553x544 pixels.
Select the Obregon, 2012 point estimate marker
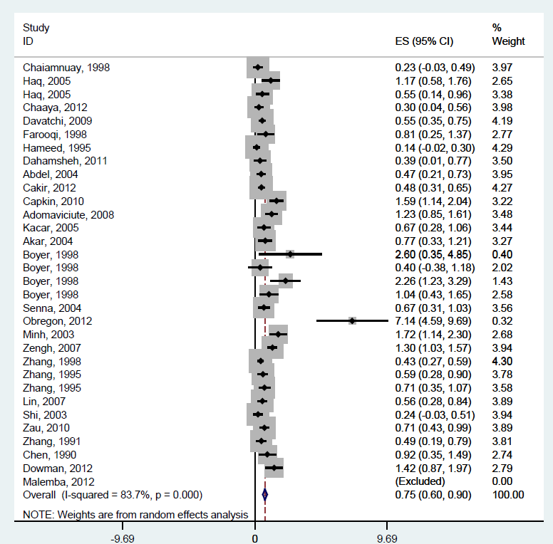tap(352, 321)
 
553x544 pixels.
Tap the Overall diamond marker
tap(264, 494)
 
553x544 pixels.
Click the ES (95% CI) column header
tap(423, 41)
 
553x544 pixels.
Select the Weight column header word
tap(508, 41)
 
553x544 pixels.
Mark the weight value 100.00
tap(507, 495)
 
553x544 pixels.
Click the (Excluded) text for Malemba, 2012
tap(420, 481)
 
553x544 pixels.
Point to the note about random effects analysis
tap(135, 514)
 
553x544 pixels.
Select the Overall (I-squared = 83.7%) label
tap(113, 495)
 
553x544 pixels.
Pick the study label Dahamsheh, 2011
tap(66, 161)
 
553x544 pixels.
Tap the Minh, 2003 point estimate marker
tap(277, 335)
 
